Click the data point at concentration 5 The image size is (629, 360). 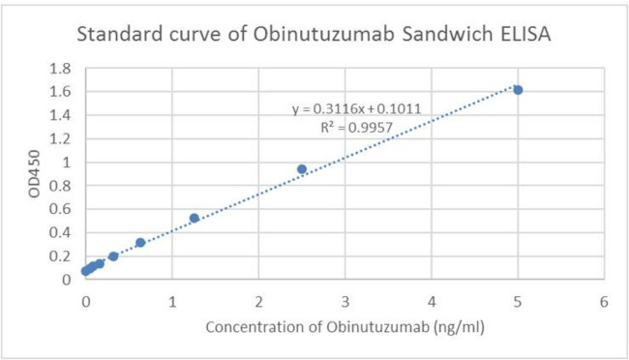point(518,90)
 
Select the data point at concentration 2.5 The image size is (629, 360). point(302,169)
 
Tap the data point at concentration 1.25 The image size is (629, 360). point(195,218)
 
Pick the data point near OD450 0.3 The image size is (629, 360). point(140,243)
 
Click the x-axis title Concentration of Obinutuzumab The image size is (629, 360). point(344,326)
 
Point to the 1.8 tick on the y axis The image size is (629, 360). point(61,69)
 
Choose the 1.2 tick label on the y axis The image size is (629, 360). point(61,138)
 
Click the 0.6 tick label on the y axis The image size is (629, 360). point(61,209)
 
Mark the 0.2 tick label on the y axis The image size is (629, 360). point(61,256)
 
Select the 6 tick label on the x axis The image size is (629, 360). point(605,301)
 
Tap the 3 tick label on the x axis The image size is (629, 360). point(345,301)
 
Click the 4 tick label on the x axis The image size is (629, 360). point(432,301)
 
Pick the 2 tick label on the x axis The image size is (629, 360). point(259,301)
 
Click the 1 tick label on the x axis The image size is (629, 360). point(172,301)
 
